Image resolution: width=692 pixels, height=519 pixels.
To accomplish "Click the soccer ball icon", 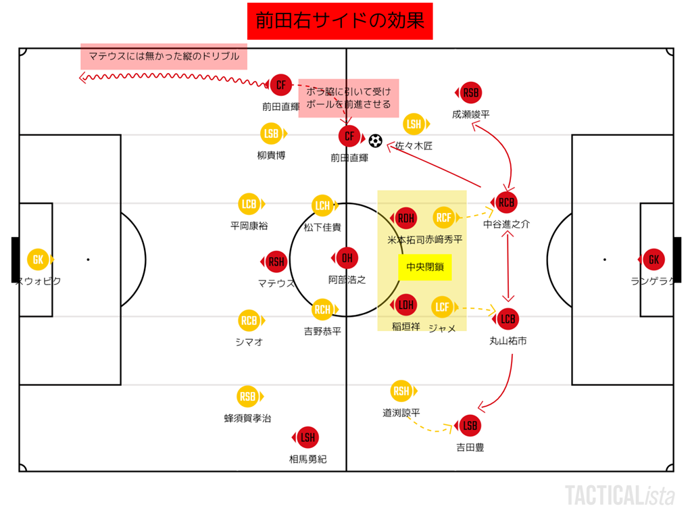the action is [376, 141].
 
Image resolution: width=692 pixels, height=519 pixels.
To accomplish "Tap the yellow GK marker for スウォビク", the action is [38, 259].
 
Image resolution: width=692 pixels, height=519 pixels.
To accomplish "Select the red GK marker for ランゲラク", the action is [654, 259].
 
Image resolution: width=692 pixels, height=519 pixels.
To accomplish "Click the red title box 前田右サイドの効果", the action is [340, 21].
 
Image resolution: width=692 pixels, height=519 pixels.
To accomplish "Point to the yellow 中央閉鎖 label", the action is [424, 267].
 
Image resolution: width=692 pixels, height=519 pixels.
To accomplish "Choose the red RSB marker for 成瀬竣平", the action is [470, 93].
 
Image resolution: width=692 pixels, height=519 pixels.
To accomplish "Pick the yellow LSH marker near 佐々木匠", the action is [414, 124].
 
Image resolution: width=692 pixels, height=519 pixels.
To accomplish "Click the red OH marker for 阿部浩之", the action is [347, 258].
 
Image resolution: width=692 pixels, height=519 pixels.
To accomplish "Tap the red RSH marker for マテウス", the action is [276, 262].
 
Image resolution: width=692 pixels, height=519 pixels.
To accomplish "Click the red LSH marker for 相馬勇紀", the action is [307, 437].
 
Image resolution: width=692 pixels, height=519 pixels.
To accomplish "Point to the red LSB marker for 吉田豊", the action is [470, 426].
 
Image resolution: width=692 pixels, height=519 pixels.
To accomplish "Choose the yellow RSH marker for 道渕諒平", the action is [401, 391].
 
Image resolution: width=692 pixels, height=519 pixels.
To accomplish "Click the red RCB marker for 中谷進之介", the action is [506, 202].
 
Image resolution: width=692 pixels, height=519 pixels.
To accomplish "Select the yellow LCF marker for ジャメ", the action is [443, 307].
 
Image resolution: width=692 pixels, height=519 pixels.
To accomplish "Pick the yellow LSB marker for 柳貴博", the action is [272, 134].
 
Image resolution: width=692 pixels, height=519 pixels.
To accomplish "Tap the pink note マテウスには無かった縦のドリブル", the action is [164, 57].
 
